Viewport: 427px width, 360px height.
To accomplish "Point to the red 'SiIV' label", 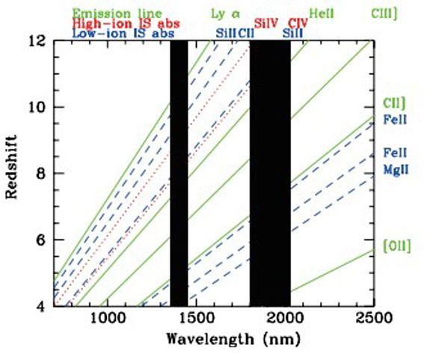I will [x=266, y=24].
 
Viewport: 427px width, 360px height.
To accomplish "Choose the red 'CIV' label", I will [x=298, y=24].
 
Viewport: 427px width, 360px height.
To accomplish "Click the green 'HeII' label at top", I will [x=322, y=13].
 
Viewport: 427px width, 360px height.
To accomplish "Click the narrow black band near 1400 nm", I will [x=179, y=172].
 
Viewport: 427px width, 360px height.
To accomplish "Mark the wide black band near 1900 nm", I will [x=270, y=172].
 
